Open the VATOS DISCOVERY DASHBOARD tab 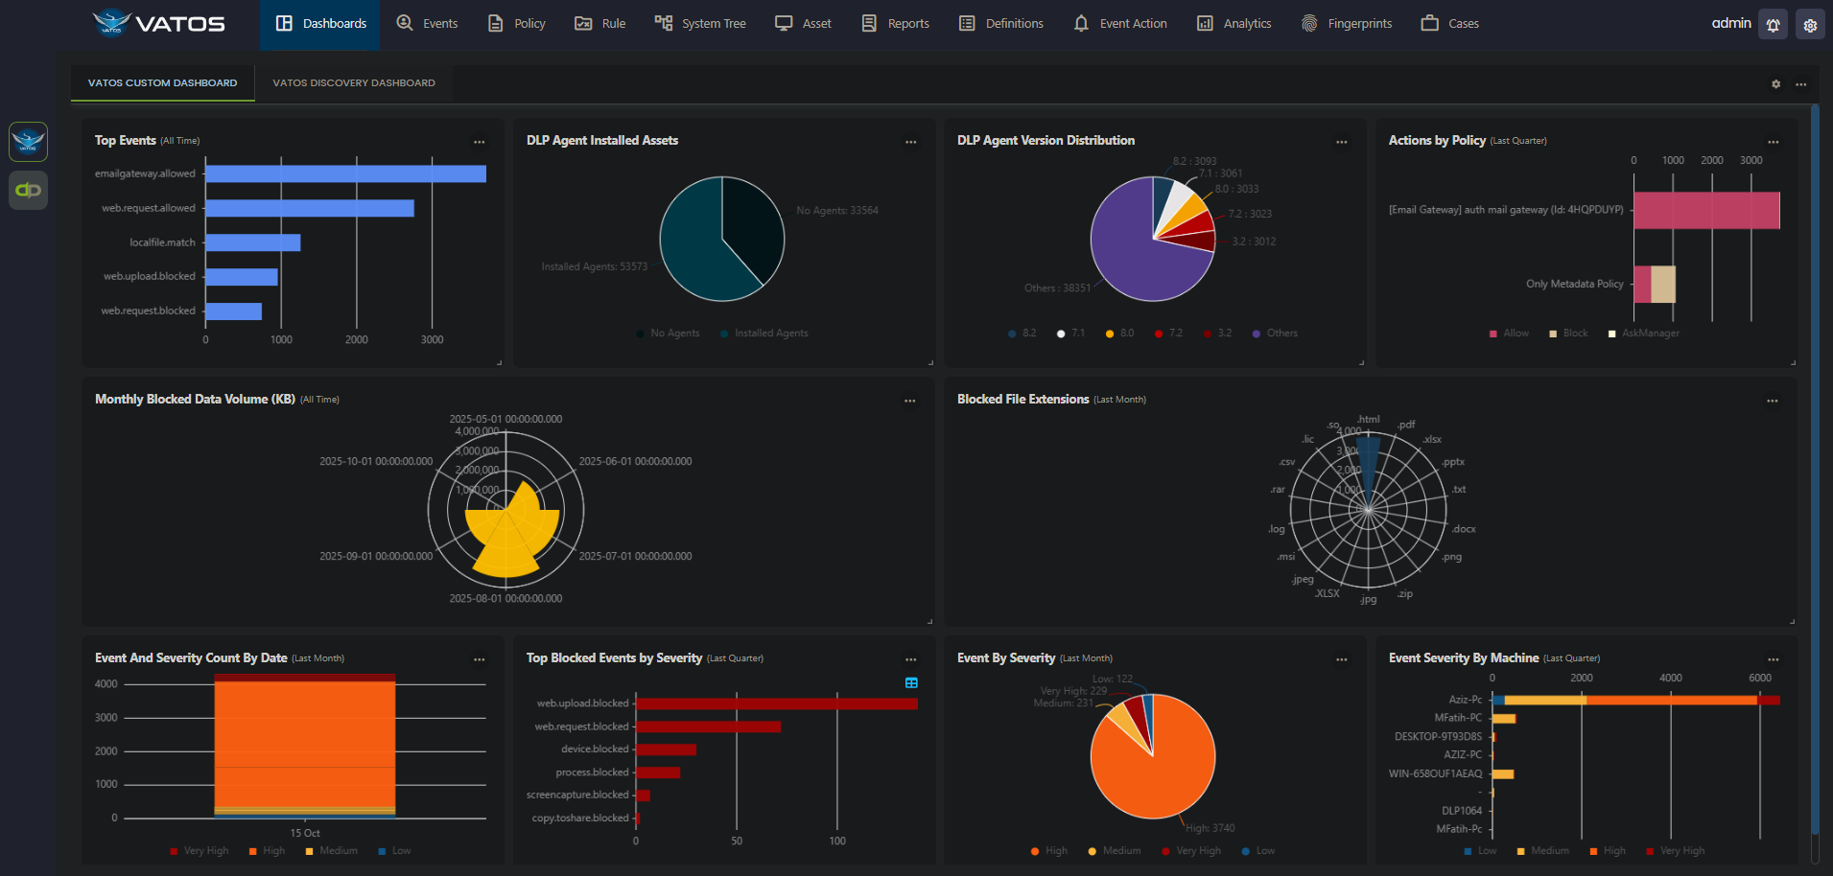[x=353, y=83]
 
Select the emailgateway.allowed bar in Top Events [x=345, y=173]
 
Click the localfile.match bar [x=252, y=242]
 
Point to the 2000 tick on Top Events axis [x=356, y=340]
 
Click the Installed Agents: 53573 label [x=594, y=266]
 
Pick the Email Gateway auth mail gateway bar [x=1705, y=210]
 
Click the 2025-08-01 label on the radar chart [x=505, y=599]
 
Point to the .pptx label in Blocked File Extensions [x=1453, y=462]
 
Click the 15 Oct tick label [x=305, y=834]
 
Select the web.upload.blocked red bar [x=776, y=703]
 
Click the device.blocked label [x=595, y=749]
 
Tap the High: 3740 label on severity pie [x=1210, y=828]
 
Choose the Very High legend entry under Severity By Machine [x=1681, y=851]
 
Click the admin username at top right [x=1730, y=23]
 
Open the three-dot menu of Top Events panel [x=479, y=142]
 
